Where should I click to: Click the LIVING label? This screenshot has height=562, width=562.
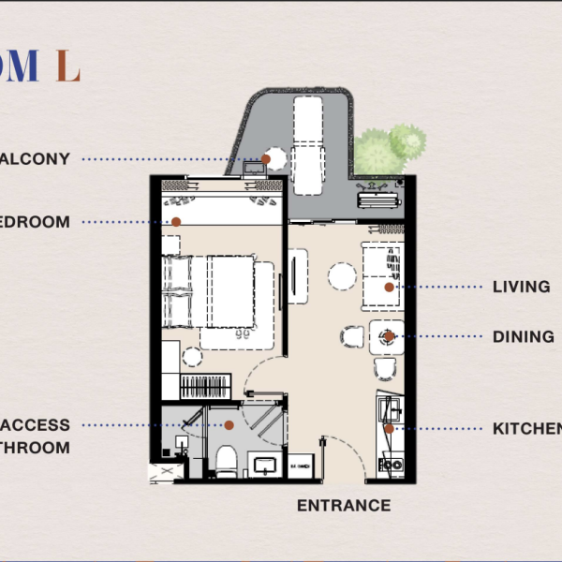coord(521,287)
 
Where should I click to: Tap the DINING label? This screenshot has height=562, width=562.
coord(523,336)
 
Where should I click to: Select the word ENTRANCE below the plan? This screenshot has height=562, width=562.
coord(344,506)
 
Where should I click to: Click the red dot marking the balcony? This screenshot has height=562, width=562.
coord(266,159)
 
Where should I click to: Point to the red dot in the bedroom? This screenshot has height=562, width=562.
coord(176,222)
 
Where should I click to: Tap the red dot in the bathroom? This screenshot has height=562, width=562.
coord(229,424)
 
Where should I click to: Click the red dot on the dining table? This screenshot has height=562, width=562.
coord(388,336)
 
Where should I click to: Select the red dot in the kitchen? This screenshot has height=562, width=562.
coord(389,428)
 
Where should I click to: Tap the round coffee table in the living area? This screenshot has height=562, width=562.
coord(342,275)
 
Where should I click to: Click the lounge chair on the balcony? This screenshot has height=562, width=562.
coord(307,140)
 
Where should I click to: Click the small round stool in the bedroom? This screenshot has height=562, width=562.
coord(192,356)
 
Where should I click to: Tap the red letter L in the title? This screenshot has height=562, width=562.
coord(67,67)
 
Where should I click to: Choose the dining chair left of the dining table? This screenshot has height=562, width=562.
coord(350,337)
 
